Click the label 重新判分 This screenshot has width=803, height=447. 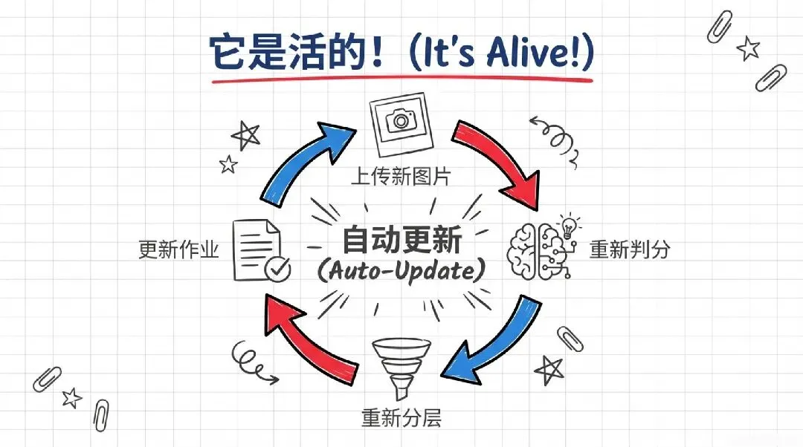coord(630,249)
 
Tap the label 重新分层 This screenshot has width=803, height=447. coord(401,418)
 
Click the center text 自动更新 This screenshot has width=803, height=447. coord(401,241)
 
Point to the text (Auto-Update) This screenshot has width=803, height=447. coord(401,271)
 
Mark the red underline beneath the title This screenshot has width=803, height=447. coord(401,79)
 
